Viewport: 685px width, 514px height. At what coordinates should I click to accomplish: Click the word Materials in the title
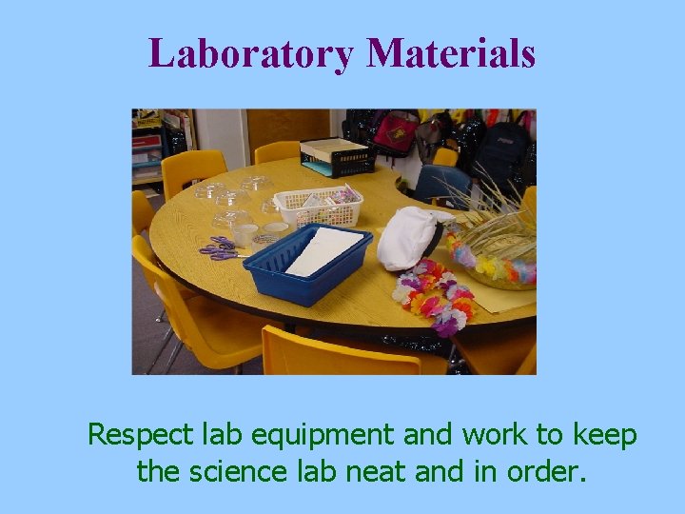click(x=451, y=53)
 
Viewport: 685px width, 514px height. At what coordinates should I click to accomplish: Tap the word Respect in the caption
click(x=140, y=436)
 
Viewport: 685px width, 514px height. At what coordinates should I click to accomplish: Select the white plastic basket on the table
click(x=318, y=204)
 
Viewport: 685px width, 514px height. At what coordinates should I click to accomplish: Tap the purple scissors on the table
click(x=218, y=248)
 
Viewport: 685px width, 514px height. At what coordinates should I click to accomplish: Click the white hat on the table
click(x=406, y=237)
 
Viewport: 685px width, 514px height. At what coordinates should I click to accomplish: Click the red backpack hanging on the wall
click(x=395, y=133)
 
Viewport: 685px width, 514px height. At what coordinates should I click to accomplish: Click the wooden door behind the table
click(x=287, y=128)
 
